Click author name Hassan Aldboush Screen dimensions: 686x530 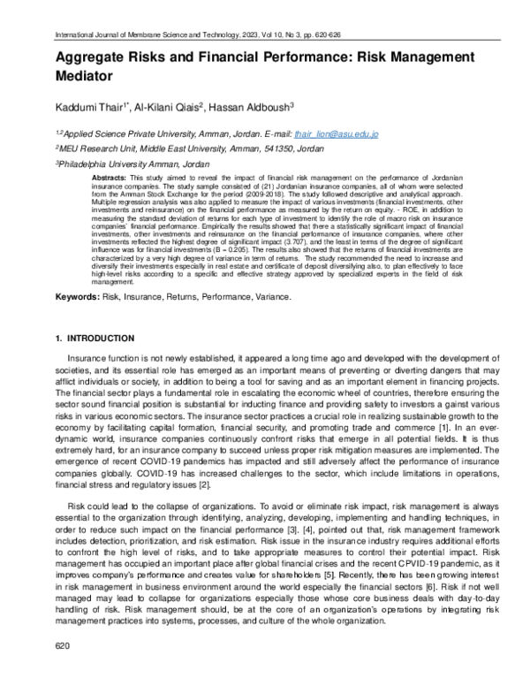point(257,106)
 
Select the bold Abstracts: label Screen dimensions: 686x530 point(110,178)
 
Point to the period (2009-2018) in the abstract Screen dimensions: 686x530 point(270,194)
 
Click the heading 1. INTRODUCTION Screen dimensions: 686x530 point(95,338)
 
